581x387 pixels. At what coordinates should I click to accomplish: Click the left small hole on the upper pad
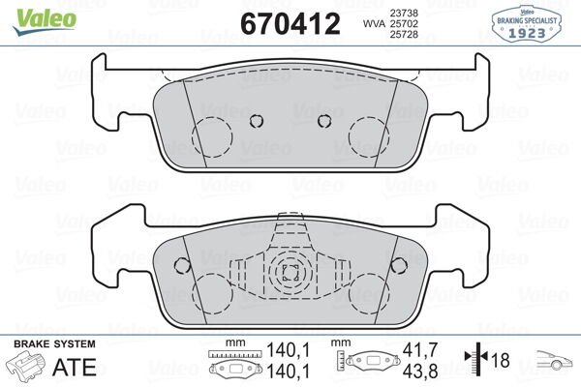pyautogui.click(x=256, y=121)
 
